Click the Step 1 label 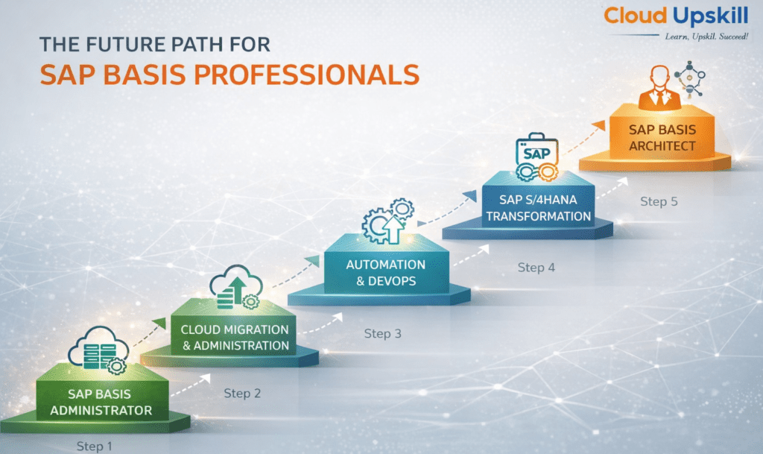point(95,446)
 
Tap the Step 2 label point(242,393)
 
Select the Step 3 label point(383,333)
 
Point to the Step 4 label point(536,267)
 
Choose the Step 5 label point(659,201)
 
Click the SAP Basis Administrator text point(101,402)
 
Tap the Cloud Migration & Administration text point(235,337)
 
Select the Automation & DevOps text point(386,273)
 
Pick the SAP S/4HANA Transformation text point(538,208)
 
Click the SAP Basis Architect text point(662,138)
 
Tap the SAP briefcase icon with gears point(536,157)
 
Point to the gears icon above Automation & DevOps point(387,221)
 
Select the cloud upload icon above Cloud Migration point(236,287)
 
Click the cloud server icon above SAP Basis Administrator point(99,350)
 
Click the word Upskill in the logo point(711,16)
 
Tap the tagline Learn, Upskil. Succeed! point(706,37)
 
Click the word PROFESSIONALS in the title point(306,75)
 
